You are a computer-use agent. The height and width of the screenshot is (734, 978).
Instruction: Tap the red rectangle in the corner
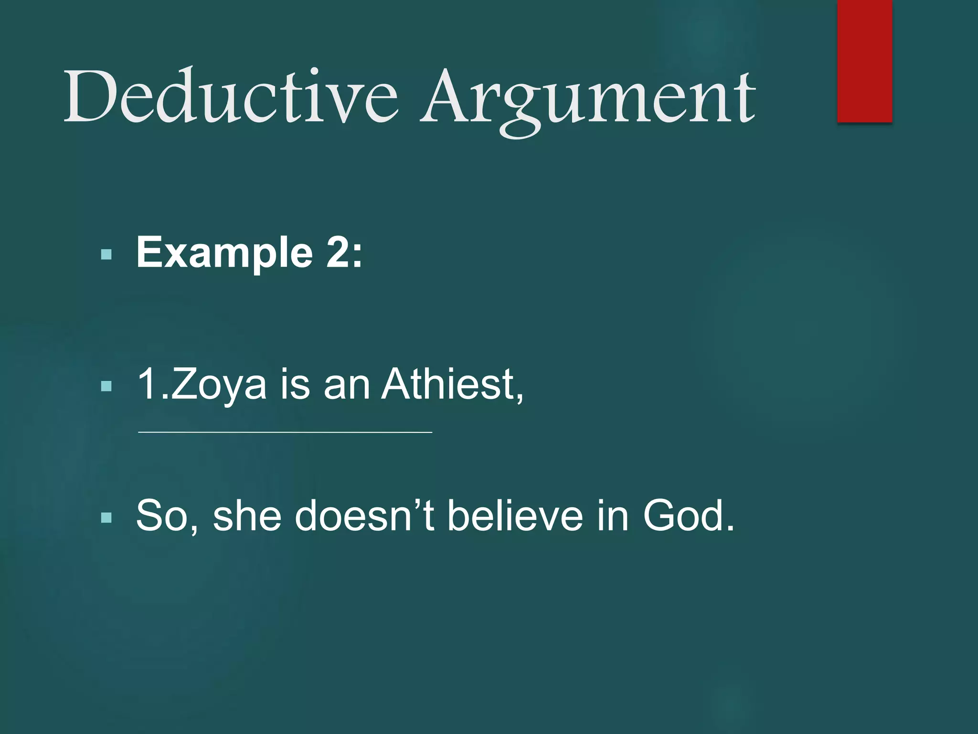pos(864,61)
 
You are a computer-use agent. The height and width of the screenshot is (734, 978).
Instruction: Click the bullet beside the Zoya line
pos(106,386)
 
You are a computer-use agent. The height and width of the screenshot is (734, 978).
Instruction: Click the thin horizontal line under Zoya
pos(285,432)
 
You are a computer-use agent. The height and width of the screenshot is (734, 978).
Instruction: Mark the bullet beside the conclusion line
pos(106,517)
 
